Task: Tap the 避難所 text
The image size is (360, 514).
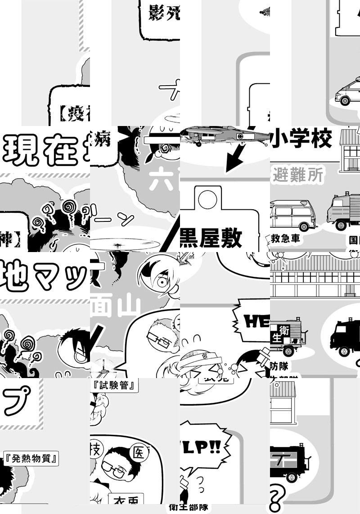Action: pos(298,175)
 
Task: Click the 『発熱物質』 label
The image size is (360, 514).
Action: pos(31,459)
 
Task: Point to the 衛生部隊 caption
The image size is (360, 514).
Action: pos(189,508)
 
